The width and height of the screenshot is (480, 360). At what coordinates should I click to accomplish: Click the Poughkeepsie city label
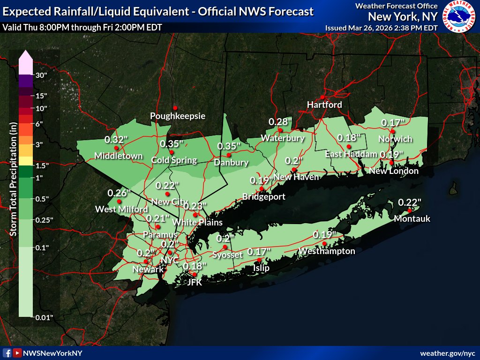tap(178, 116)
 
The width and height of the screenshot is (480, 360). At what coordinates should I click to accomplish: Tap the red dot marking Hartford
tap(322, 97)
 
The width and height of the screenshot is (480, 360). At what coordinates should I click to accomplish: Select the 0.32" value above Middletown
tap(116, 139)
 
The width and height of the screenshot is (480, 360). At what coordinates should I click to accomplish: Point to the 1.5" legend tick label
tap(43, 165)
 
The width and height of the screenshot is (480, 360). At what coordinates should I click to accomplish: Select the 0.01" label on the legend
tap(45, 317)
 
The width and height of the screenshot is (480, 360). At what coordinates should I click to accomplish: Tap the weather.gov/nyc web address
tap(448, 352)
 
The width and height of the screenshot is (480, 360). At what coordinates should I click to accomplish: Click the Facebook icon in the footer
tap(7, 352)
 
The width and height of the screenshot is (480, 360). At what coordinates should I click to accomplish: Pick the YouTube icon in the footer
tap(17, 352)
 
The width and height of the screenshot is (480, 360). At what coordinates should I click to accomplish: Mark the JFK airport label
tap(194, 282)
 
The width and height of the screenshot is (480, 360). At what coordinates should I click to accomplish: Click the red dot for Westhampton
tap(324, 244)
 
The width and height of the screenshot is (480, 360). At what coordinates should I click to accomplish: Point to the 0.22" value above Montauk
tap(410, 202)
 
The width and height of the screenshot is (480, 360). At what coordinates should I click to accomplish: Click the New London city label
tap(394, 171)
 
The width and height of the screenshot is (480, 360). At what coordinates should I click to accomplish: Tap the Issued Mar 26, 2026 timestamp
tap(382, 28)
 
